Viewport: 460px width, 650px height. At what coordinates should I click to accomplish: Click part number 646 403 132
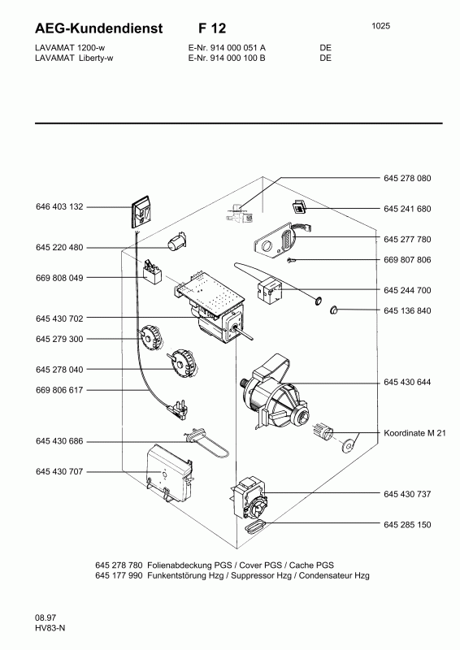59,207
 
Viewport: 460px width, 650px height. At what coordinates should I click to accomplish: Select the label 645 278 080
407,178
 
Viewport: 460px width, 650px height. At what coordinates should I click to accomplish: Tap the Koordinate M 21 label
414,433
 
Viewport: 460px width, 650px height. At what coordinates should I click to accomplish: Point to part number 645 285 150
407,525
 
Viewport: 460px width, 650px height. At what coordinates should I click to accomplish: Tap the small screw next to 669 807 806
292,260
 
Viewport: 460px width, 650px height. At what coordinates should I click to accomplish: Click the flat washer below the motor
349,446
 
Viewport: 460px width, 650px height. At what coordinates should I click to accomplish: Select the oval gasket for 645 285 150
254,526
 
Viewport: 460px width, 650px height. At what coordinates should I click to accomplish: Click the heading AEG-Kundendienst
98,28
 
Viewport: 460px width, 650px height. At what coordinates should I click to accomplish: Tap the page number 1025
381,26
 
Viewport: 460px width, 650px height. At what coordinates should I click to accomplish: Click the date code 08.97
46,617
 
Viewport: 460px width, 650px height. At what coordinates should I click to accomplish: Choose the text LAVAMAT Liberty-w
74,58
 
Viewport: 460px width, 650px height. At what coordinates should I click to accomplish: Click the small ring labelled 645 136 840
334,310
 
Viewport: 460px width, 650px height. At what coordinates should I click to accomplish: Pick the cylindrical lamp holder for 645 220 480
176,241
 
